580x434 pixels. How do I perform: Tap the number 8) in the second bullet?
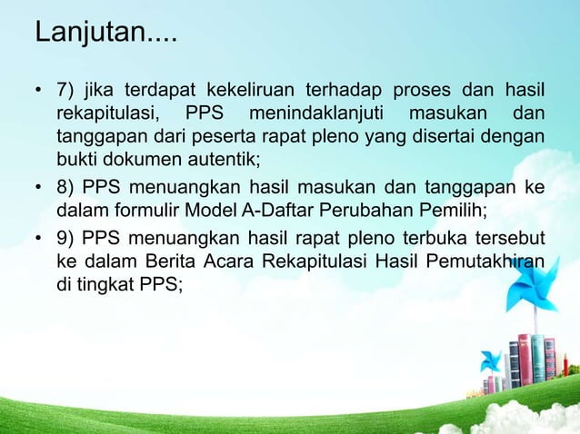click(66, 190)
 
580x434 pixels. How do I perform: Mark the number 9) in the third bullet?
click(66, 240)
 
